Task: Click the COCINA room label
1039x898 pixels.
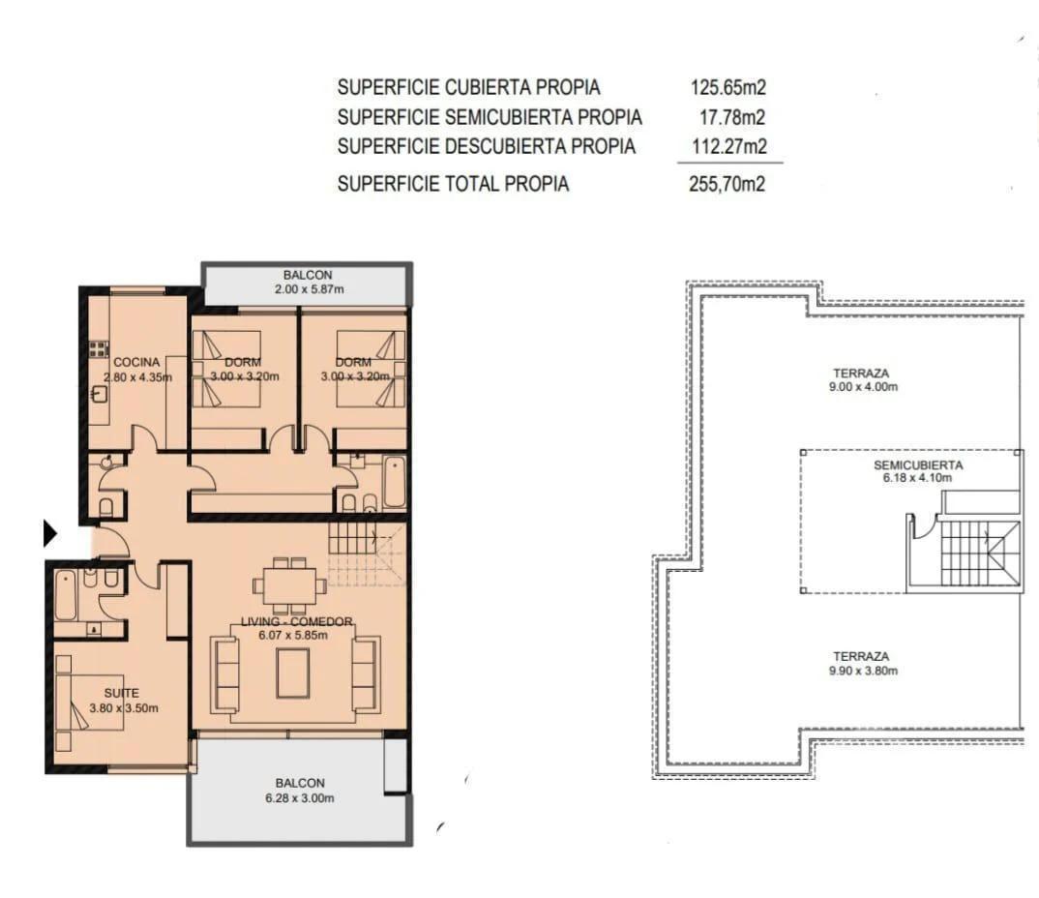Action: [x=136, y=362]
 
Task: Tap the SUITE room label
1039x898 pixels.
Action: [x=121, y=693]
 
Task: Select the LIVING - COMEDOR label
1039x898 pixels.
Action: [x=296, y=621]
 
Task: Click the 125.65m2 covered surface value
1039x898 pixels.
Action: [x=728, y=87]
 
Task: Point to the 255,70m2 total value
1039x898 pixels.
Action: [x=727, y=184]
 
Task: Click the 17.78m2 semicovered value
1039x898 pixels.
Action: [x=732, y=117]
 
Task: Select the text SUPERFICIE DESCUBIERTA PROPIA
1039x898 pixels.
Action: [x=487, y=146]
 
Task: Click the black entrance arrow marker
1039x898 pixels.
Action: [x=50, y=533]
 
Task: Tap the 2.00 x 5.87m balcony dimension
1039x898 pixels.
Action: [x=309, y=289]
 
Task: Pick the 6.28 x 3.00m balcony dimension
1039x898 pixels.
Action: [x=300, y=798]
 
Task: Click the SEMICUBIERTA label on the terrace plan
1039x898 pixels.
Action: [x=918, y=465]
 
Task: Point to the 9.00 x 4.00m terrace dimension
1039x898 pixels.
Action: [x=863, y=386]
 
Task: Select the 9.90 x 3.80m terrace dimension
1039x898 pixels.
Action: [x=863, y=671]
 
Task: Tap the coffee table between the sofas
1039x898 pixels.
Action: [x=293, y=673]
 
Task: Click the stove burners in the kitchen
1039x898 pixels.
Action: [x=99, y=348]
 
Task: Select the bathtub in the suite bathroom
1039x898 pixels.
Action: [x=66, y=595]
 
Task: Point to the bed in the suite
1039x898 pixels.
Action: [x=89, y=703]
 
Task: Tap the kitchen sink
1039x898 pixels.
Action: [x=98, y=394]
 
